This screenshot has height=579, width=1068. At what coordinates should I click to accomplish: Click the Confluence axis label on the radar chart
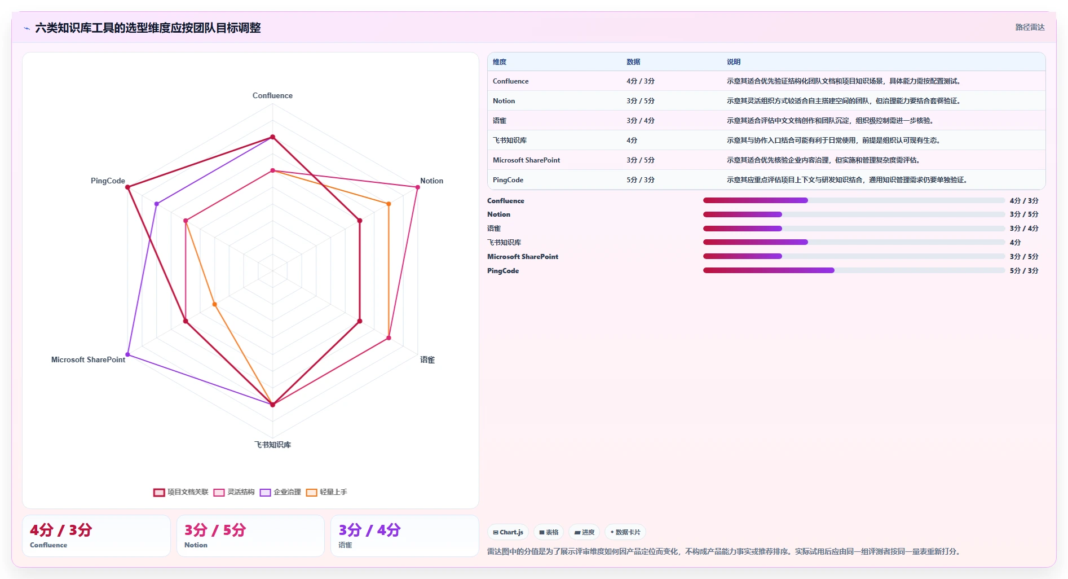272,95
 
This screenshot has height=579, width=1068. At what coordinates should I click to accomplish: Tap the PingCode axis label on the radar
108,181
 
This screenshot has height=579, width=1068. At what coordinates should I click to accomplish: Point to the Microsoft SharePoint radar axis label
88,359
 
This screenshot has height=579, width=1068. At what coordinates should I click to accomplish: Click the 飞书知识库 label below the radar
272,445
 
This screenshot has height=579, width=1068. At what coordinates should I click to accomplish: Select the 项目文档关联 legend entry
181,492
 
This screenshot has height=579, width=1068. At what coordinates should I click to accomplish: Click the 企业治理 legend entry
280,492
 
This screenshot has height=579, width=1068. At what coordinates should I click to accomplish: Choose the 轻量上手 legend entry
326,492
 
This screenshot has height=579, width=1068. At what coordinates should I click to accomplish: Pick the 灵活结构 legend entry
234,492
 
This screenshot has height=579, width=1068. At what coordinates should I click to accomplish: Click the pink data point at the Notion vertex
417,187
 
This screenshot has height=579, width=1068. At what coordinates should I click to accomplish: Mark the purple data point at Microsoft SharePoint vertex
127,354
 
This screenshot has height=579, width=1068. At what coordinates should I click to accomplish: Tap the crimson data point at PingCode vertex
127,187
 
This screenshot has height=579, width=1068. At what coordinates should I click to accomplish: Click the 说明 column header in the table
734,62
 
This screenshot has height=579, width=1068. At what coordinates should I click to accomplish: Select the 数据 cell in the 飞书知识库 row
632,141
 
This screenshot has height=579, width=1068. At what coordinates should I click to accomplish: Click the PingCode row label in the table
508,180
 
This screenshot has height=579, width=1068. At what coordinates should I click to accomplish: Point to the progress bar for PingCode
854,270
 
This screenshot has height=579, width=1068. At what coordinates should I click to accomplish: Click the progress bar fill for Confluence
755,200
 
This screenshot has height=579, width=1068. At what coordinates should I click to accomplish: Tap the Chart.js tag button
508,532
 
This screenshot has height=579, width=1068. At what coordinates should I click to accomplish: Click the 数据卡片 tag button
625,532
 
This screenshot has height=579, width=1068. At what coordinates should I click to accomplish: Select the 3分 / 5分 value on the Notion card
215,530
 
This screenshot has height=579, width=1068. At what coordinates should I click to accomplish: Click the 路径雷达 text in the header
1030,27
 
